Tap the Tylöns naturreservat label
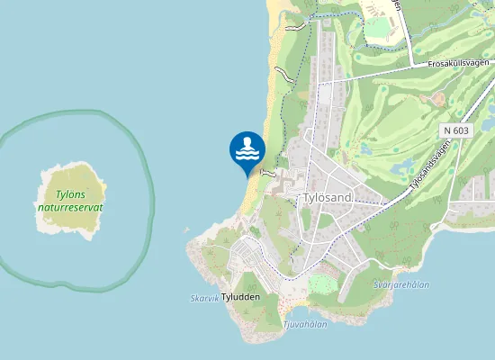tap(70, 200)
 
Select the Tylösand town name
tap(327, 197)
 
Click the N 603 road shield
tap(456, 130)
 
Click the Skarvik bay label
tap(204, 298)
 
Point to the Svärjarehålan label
tap(400, 283)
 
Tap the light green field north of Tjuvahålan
tap(321, 287)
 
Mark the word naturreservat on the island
tap(70, 206)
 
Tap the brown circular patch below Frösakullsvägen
tap(438, 99)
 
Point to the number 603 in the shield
tap(461, 130)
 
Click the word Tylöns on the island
tap(70, 193)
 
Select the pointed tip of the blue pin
tap(247, 176)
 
